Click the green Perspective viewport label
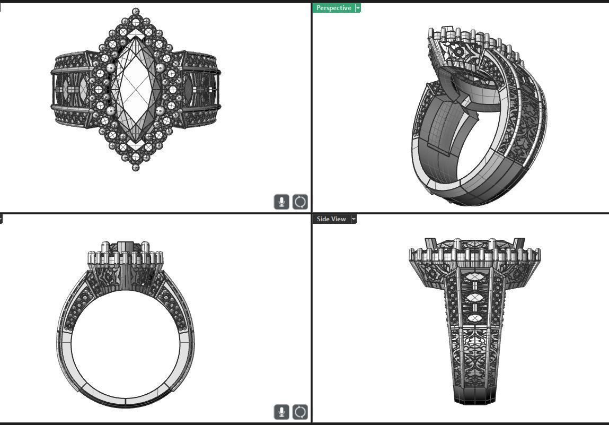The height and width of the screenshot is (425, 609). pos(333,8)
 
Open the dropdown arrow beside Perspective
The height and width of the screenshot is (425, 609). pos(358,8)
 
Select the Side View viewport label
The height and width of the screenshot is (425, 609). pos(331,219)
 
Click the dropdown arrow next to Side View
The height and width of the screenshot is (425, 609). pos(354,219)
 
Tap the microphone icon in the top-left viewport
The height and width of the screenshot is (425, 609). pos(281,202)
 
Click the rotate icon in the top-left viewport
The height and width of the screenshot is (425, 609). pos(300,202)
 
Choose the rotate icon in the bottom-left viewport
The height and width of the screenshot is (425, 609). pos(300,412)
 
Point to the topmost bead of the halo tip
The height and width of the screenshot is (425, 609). pos(136,11)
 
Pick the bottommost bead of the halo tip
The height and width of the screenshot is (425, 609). pos(136,167)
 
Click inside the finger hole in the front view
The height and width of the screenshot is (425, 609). pos(125,334)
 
